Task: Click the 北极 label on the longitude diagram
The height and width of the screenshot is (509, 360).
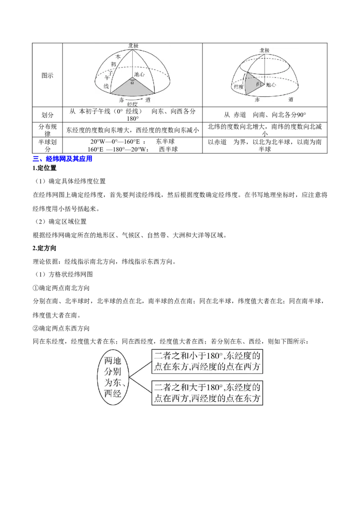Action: click(133, 46)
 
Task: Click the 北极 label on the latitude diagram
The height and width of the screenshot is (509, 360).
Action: click(264, 50)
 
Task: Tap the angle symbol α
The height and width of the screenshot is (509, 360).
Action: click(132, 82)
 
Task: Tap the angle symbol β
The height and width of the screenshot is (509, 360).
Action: click(257, 84)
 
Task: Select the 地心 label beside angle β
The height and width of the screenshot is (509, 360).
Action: click(270, 85)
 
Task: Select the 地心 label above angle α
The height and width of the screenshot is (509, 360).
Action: click(139, 74)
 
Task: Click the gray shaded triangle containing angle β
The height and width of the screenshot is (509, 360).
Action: click(251, 83)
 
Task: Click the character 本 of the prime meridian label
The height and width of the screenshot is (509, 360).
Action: click(118, 57)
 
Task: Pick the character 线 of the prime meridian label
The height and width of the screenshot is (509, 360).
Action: click(107, 85)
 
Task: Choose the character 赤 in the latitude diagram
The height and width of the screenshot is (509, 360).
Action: click(257, 99)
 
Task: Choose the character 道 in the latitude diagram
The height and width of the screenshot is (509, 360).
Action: click(292, 99)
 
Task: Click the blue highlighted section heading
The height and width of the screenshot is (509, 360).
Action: click(63, 158)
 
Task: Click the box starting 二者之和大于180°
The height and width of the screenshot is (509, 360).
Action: click(207, 393)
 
